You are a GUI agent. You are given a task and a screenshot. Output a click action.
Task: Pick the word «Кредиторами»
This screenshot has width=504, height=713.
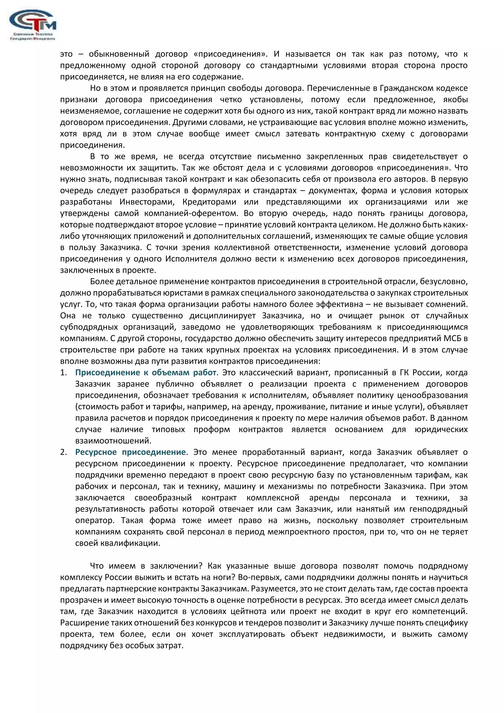[x=209, y=202]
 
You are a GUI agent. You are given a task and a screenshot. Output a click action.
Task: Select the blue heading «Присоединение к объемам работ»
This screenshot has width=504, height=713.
[x=145, y=373]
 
